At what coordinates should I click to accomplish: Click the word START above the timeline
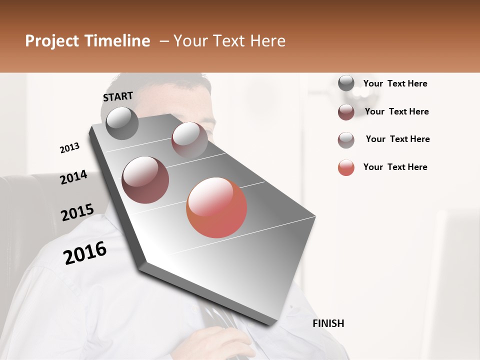(x=118, y=96)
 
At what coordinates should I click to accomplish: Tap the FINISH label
(x=328, y=323)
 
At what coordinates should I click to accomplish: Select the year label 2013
(x=69, y=148)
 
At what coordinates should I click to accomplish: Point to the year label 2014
(x=73, y=177)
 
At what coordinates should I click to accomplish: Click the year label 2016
(x=85, y=253)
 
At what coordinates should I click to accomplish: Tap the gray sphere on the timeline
(x=122, y=123)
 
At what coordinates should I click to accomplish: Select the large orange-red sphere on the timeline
(x=216, y=207)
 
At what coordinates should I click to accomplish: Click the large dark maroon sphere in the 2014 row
(x=145, y=179)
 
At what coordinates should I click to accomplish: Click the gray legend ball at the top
(x=346, y=83)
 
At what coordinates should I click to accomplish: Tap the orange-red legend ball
(x=346, y=167)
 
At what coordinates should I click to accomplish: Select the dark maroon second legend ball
(x=346, y=112)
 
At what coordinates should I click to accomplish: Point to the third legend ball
(x=346, y=140)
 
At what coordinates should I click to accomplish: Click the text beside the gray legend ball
(x=395, y=84)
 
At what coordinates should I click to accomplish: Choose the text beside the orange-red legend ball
(x=395, y=167)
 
